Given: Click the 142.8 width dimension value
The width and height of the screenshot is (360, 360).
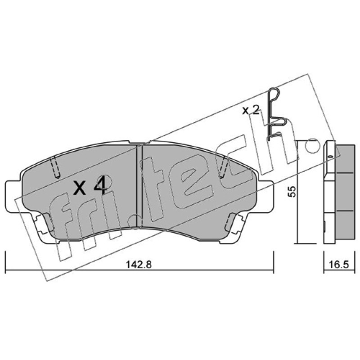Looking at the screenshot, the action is point(139,265).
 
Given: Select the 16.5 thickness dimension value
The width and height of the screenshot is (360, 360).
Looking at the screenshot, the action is point(339,265).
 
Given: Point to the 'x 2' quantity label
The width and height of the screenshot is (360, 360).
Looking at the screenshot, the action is point(251,111).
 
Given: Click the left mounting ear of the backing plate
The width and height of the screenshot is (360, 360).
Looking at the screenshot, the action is point(14,196).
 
